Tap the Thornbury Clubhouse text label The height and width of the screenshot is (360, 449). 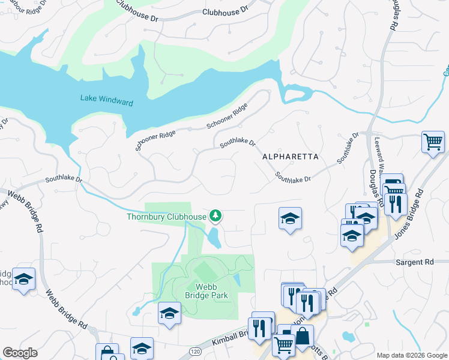(166, 217)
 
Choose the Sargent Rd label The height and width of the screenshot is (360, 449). (414, 262)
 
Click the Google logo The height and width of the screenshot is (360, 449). (20, 353)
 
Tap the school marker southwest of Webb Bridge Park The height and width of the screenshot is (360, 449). (169, 313)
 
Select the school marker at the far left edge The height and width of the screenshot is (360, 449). (24, 279)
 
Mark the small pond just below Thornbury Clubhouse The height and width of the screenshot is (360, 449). (213, 238)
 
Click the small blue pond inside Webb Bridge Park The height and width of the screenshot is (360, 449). (237, 280)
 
